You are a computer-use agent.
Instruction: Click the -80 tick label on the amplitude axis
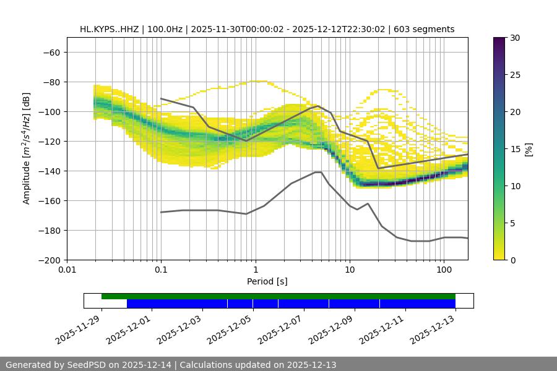click(x=51, y=82)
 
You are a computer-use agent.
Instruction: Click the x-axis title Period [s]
click(x=267, y=281)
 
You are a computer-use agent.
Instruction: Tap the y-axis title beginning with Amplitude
click(x=27, y=148)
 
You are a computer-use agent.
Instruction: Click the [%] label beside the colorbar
click(x=529, y=149)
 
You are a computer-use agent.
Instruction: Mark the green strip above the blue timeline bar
click(x=278, y=296)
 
